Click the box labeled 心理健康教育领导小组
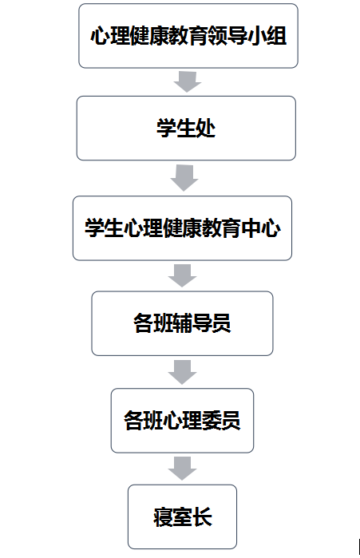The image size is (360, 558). click(188, 36)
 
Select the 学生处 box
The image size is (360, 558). click(186, 128)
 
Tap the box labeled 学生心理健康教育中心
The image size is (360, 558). click(182, 228)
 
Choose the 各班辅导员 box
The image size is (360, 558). click(182, 323)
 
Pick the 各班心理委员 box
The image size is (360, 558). click(182, 421)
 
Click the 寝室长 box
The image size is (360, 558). click(182, 516)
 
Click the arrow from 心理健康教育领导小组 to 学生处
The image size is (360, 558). click(188, 82)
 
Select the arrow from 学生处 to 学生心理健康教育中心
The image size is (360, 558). click(184, 177)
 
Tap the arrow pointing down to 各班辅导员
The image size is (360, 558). click(183, 275)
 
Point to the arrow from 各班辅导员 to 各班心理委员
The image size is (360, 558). click(183, 372)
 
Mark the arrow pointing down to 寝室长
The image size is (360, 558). click(183, 469)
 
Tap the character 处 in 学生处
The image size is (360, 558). click(205, 128)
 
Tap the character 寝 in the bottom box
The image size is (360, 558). click(163, 516)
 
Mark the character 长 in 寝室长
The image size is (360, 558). click(202, 516)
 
